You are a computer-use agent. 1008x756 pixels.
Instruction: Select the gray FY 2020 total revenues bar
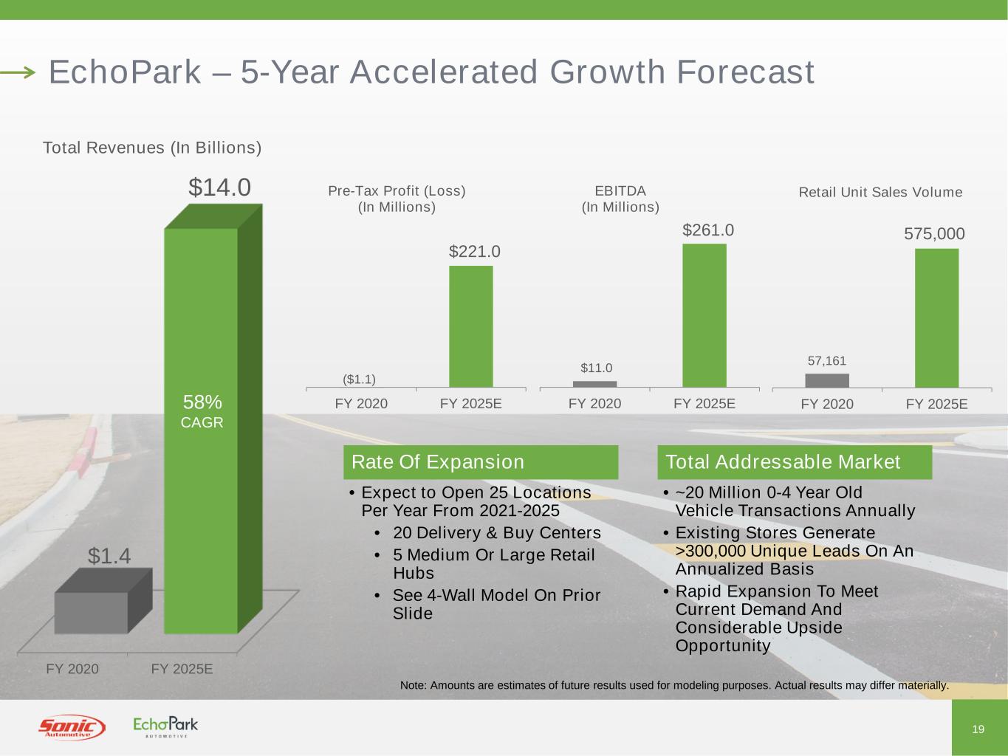[x=92, y=612]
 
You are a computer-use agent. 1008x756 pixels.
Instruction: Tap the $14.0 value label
[x=219, y=188]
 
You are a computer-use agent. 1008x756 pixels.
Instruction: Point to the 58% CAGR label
[x=202, y=411]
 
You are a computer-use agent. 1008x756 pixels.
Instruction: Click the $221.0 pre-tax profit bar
[x=471, y=326]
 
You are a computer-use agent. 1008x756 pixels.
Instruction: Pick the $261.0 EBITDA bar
[x=704, y=315]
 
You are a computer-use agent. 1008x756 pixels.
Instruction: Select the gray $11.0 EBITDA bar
[x=594, y=384]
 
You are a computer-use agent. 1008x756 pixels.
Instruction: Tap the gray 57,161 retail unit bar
[x=827, y=380]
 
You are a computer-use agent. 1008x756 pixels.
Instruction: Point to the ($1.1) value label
[x=360, y=379]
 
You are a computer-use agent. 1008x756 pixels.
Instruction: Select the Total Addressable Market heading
[x=783, y=462]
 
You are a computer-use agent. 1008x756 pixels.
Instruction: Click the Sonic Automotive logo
[x=72, y=728]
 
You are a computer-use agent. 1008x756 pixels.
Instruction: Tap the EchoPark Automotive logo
[x=165, y=726]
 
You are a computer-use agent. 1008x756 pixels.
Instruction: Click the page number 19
[x=978, y=729]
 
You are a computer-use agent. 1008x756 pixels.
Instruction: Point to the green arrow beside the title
[x=18, y=72]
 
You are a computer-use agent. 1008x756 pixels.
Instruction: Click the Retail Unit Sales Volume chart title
[x=880, y=193]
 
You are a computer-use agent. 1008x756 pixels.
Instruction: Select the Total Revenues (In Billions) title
[x=152, y=148]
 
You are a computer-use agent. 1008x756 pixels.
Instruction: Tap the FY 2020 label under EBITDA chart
[x=594, y=404]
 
